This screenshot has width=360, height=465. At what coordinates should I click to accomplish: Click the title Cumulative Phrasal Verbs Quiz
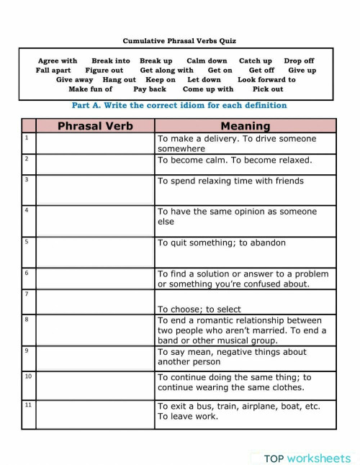pyautogui.click(x=179, y=41)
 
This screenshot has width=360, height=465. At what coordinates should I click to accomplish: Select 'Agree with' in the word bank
pyautogui.click(x=58, y=61)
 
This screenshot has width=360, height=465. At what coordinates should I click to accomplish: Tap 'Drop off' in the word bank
pyautogui.click(x=299, y=61)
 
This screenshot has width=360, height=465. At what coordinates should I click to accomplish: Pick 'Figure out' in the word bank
pyautogui.click(x=104, y=71)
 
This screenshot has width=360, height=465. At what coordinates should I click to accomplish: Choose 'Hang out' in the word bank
pyautogui.click(x=119, y=80)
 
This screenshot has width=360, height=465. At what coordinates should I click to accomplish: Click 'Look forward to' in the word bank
pyautogui.click(x=266, y=80)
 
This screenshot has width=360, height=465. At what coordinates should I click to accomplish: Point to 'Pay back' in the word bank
pyautogui.click(x=150, y=89)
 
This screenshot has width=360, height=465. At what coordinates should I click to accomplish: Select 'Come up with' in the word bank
pyautogui.click(x=208, y=89)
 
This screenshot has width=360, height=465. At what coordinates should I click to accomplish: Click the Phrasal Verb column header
pyautogui.click(x=95, y=126)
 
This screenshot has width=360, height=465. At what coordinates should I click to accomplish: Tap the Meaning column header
pyautogui.click(x=245, y=126)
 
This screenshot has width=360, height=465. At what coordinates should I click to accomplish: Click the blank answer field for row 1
pyautogui.click(x=95, y=143)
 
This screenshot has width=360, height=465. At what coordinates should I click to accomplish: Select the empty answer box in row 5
pyautogui.click(x=95, y=252)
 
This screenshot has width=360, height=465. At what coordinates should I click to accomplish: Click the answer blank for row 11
pyautogui.click(x=95, y=415)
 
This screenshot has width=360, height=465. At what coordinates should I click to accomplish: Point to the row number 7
pyautogui.click(x=27, y=294)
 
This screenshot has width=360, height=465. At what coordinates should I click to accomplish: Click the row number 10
pyautogui.click(x=28, y=376)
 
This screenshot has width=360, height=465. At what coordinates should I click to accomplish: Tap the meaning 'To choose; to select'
pyautogui.click(x=199, y=308)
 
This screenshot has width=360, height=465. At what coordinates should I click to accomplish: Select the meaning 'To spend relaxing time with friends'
pyautogui.click(x=230, y=181)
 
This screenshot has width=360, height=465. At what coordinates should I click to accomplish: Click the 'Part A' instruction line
pyautogui.click(x=179, y=105)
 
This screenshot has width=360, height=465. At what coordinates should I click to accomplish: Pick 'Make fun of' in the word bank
pyautogui.click(x=90, y=89)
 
